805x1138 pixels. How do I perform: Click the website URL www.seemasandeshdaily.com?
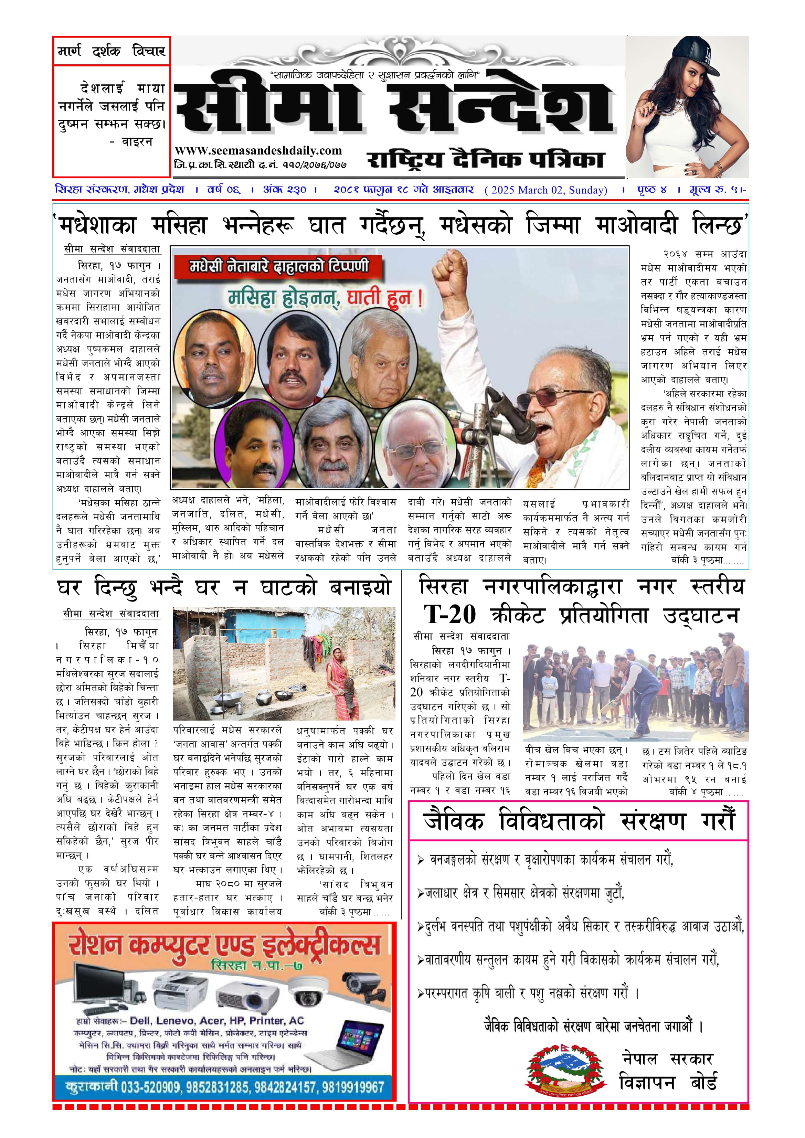258,151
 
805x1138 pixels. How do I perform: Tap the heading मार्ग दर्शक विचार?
112,51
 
